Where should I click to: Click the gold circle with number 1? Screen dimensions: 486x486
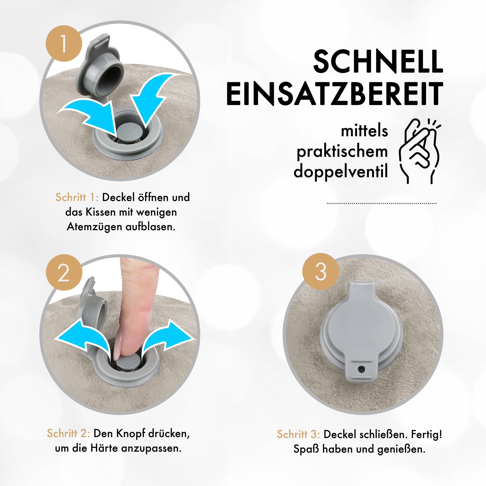coord(64,43)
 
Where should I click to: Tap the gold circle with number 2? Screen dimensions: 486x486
coord(64,272)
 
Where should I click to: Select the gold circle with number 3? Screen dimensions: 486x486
coord(321,271)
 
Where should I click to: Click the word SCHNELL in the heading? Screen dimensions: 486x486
coord(378,61)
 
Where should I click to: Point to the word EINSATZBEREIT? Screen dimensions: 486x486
coord(335,93)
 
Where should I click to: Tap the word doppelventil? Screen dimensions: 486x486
coord(341,172)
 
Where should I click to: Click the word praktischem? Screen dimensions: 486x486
coord(342,152)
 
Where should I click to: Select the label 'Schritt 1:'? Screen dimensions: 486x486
coord(77,197)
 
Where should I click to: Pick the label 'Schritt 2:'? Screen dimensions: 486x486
coord(69,433)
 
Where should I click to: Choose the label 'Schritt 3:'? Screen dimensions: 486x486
coord(299,434)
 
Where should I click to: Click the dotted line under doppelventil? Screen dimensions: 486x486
coord(382,203)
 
